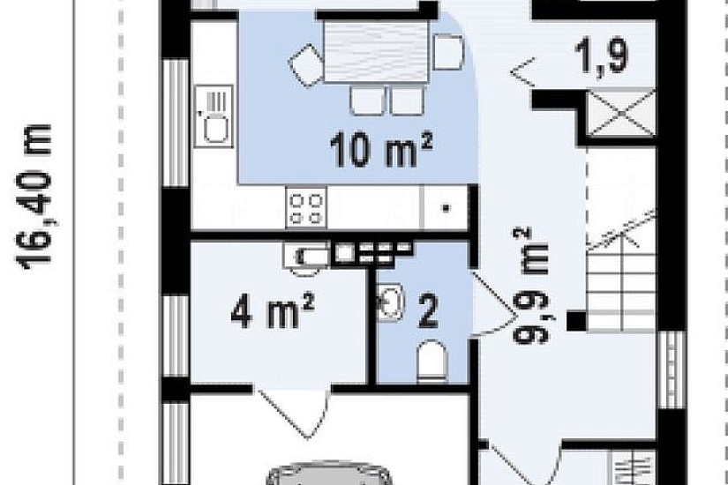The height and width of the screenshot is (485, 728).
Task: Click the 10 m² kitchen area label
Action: [x=380, y=149]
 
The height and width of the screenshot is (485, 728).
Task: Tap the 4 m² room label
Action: [x=273, y=310]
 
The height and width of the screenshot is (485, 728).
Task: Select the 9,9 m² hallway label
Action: [x=531, y=286]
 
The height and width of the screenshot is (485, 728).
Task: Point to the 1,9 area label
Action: [x=601, y=56]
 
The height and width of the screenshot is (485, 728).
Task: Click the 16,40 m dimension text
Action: [x=34, y=197]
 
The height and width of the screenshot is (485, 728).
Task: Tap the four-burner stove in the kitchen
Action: [x=306, y=207]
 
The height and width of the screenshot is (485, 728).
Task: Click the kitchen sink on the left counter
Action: [x=214, y=116]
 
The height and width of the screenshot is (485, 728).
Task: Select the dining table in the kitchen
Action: [x=376, y=52]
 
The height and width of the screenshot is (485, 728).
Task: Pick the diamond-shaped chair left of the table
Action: [x=306, y=65]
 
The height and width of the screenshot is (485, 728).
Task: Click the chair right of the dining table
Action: [x=448, y=51]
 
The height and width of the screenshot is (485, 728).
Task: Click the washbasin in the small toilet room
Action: [x=390, y=302]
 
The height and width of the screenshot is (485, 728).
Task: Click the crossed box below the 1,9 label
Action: [x=620, y=113]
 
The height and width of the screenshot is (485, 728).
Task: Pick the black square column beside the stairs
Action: [x=576, y=321]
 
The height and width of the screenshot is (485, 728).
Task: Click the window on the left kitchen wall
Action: [x=176, y=123]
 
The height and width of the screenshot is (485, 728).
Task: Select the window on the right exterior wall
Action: [x=672, y=369]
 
